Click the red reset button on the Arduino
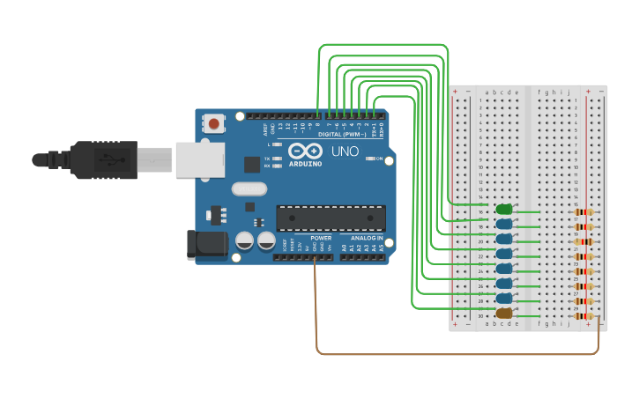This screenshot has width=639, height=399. pyautogui.click(x=213, y=125)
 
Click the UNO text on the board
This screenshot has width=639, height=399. pyautogui.click(x=345, y=151)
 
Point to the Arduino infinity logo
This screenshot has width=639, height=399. pyautogui.click(x=305, y=151)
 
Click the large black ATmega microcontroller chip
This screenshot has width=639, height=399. pyautogui.click(x=331, y=218)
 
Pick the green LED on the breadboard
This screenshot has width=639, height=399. pyautogui.click(x=504, y=210)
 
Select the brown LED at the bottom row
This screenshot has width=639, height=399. pyautogui.click(x=504, y=314)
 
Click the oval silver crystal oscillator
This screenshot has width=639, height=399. pyautogui.click(x=249, y=188)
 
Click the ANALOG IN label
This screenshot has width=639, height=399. pyautogui.click(x=367, y=238)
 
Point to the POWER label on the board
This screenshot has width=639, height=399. pyautogui.click(x=321, y=238)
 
